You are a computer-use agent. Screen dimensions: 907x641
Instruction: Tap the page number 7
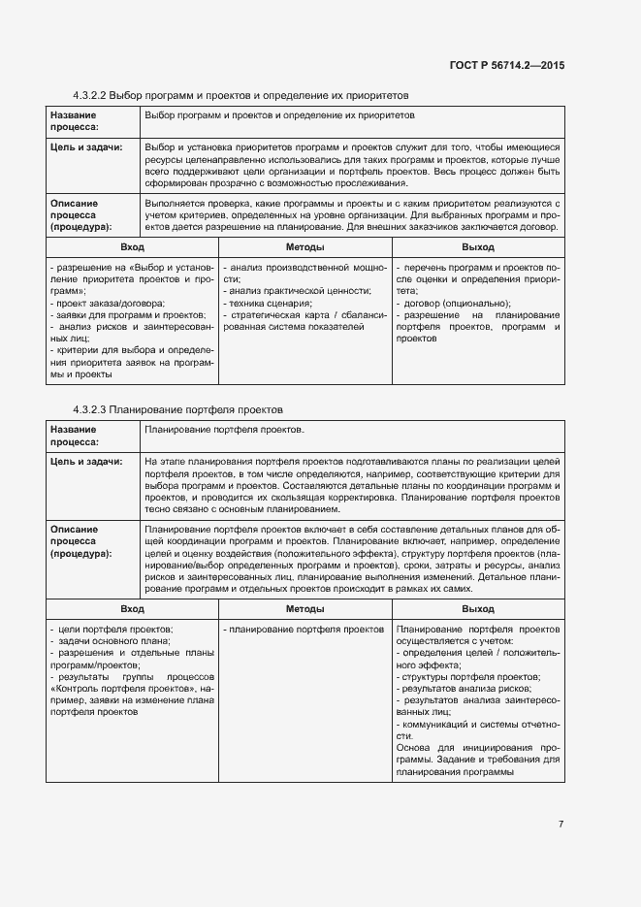coord(561,825)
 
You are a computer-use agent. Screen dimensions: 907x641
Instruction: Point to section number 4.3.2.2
coord(89,96)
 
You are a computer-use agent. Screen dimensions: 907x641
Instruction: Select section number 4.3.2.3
coord(89,409)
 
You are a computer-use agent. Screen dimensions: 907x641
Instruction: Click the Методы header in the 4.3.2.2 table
coord(304,248)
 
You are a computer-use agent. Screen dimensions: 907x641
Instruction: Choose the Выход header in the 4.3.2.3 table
coord(477,609)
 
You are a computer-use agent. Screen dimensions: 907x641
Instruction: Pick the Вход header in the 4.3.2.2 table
coord(132,248)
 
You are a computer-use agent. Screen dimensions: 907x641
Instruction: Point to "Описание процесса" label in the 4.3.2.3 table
coord(80,541)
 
